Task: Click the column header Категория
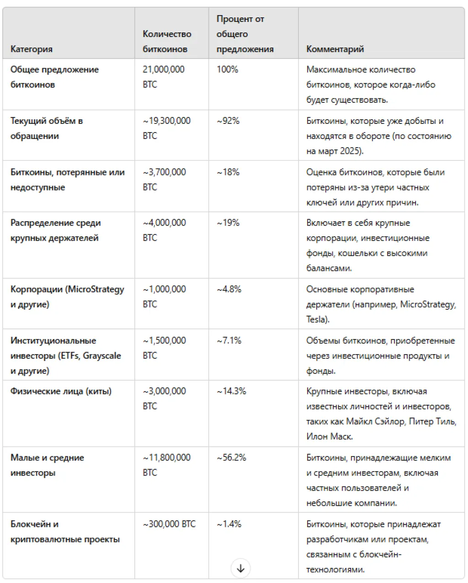click(x=32, y=49)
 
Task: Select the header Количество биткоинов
click(x=167, y=42)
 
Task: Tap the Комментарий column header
click(x=335, y=49)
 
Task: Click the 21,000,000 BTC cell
click(x=164, y=77)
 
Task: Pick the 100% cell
click(x=228, y=69)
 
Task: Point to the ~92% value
click(x=228, y=121)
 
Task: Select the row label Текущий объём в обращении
click(x=47, y=128)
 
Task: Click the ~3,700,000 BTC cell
click(x=164, y=180)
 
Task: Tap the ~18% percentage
click(x=228, y=172)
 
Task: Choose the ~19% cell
click(x=228, y=223)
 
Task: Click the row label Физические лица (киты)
click(x=61, y=391)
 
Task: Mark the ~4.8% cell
click(x=229, y=289)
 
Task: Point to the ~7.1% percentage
click(x=229, y=340)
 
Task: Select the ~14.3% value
click(x=231, y=391)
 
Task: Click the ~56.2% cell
click(x=231, y=457)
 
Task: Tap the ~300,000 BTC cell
click(x=169, y=524)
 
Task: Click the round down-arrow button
click(x=240, y=568)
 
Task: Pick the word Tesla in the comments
click(x=316, y=319)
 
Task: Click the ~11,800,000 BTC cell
click(x=166, y=465)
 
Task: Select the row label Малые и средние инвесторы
click(x=47, y=465)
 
